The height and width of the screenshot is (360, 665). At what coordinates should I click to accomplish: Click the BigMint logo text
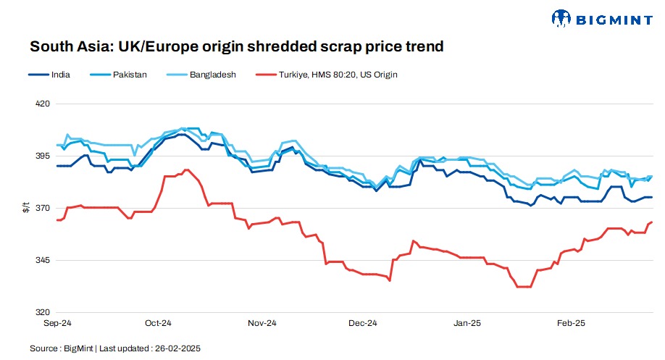click(x=614, y=17)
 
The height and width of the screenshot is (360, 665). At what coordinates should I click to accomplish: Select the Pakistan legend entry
click(x=130, y=74)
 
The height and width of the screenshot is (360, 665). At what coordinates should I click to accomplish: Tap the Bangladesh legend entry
click(x=210, y=74)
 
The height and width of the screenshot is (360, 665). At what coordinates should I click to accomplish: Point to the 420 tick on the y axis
click(x=43, y=104)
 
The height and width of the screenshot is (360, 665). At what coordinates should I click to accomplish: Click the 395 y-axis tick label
click(x=43, y=156)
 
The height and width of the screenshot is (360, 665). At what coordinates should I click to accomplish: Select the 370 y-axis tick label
click(x=43, y=208)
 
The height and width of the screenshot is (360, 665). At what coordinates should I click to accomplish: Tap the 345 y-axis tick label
click(x=43, y=260)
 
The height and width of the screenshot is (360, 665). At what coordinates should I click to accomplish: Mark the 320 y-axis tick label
click(x=43, y=312)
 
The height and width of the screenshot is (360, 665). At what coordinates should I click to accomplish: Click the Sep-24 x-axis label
click(x=57, y=323)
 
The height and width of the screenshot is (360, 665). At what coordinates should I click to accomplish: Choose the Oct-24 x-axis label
click(x=157, y=323)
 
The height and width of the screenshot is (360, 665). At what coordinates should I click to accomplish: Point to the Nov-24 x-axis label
click(x=262, y=323)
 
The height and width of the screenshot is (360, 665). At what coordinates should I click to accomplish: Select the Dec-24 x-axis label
click(x=363, y=323)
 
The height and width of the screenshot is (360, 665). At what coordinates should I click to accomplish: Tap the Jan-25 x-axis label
click(x=467, y=323)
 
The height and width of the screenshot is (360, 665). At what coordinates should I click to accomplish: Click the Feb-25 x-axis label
click(x=570, y=323)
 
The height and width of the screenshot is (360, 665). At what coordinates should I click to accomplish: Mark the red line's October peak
click(x=187, y=169)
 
